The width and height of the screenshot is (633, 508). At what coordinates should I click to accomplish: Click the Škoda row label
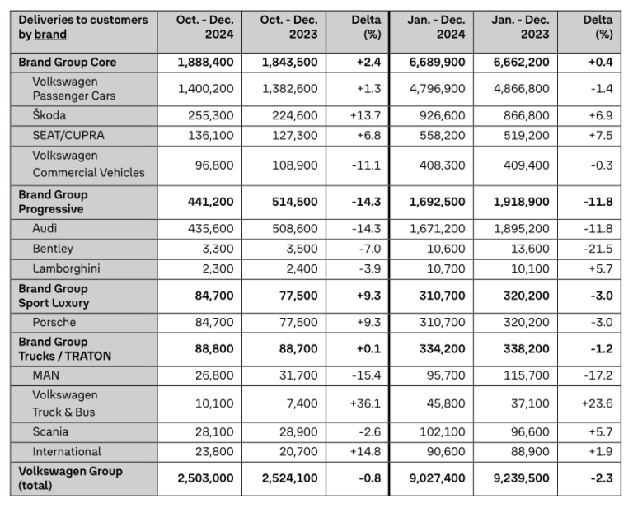pos(49,115)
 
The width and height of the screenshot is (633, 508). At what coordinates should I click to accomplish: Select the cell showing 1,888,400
pos(206,63)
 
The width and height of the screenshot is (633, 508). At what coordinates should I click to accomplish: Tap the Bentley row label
pos(53,249)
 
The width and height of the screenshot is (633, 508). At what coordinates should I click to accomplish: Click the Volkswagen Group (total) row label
pos(70,478)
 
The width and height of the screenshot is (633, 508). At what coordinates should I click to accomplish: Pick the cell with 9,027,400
pos(436,478)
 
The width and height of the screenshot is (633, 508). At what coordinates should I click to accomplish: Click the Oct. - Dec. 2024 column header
pos(206,27)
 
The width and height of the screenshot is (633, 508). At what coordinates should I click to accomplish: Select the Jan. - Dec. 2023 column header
pos(520,27)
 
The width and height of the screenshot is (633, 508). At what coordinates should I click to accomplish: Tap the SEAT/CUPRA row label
pos(70,135)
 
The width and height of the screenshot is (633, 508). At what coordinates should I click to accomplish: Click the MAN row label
pos(45,375)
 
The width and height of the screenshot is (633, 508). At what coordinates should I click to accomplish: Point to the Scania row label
pos(50,431)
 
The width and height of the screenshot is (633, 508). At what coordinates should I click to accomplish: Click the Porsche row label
pos(55,322)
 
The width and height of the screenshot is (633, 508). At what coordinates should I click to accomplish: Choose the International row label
pos(67,451)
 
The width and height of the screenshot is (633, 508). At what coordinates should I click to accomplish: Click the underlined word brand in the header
pos(50,35)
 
